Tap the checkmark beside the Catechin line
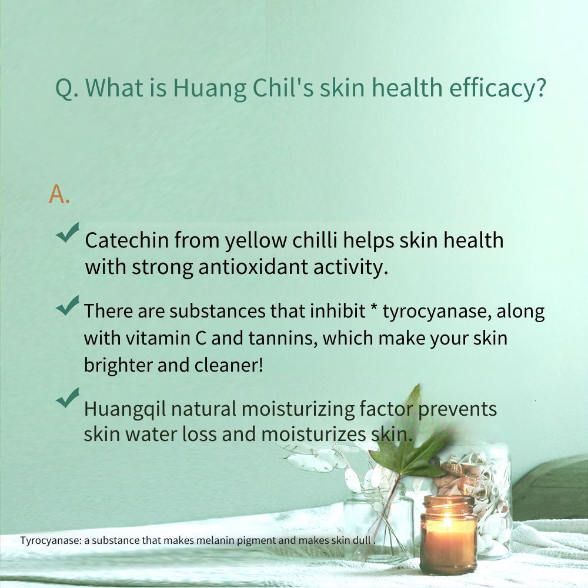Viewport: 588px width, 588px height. [68, 232]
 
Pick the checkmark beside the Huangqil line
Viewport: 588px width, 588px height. [68, 397]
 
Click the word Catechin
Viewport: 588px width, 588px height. [127, 240]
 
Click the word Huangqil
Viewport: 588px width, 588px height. [125, 409]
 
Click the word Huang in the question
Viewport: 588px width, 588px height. [209, 89]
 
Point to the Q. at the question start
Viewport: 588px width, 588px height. [67, 89]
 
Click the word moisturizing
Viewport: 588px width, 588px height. [298, 409]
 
